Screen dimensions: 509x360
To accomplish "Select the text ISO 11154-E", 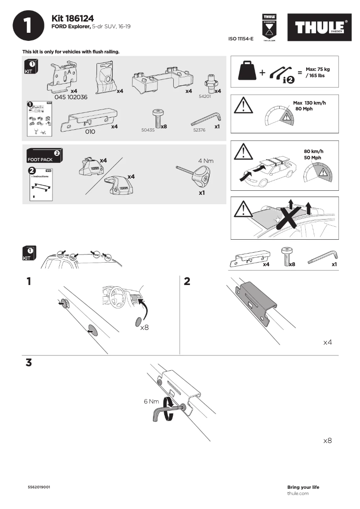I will tap(241, 39).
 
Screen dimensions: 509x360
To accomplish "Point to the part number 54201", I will tap(205, 96).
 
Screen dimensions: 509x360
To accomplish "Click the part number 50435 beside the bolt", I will tap(147, 129).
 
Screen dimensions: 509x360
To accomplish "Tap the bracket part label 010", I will tap(90, 132).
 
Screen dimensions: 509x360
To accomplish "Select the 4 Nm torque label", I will tap(206, 160).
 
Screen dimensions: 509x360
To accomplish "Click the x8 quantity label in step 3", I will tap(327, 441).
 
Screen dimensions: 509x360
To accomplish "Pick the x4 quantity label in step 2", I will tap(327, 342).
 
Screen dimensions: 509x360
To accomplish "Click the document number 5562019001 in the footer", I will tap(39, 487).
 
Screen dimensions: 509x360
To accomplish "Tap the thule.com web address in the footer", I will tap(298, 493).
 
